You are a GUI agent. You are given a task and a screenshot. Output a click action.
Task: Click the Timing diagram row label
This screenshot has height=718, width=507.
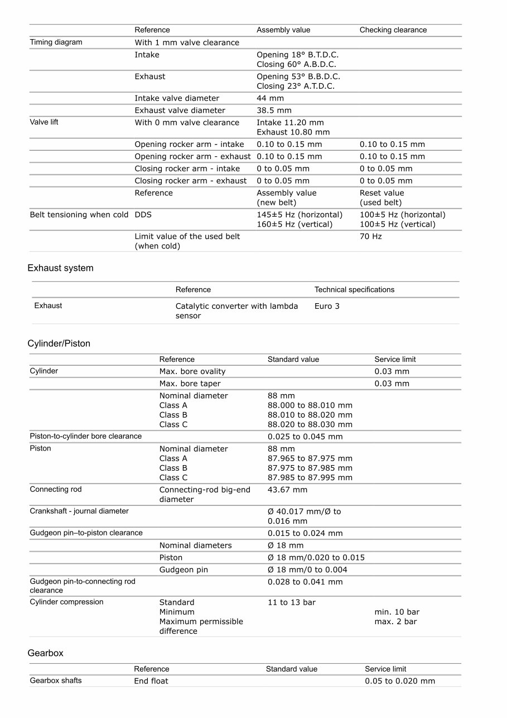tap(56, 42)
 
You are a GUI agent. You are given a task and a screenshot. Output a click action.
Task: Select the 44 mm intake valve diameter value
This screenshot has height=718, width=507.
tap(270, 98)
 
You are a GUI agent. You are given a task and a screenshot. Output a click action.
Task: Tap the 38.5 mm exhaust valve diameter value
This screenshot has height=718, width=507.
tap(274, 111)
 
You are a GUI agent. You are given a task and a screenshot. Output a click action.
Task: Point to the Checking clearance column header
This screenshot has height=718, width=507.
tap(393, 30)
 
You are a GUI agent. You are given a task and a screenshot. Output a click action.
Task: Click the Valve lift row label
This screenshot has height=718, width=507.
tap(44, 122)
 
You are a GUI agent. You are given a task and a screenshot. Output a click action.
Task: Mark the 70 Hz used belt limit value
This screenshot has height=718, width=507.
tap(370, 237)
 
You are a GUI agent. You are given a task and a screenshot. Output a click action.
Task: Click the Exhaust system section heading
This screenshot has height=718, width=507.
tap(60, 268)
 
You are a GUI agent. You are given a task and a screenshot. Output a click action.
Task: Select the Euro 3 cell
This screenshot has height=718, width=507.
tap(327, 306)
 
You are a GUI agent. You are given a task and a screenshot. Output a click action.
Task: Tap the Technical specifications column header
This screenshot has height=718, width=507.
tap(354, 290)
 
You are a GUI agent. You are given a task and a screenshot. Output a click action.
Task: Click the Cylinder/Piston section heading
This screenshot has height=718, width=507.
tap(59, 343)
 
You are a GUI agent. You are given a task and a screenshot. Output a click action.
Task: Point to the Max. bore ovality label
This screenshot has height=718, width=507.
tap(192, 371)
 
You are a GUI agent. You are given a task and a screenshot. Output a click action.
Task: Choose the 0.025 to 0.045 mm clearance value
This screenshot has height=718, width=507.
tap(305, 437)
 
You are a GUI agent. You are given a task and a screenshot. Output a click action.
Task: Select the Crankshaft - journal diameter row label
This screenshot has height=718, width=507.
tap(79, 511)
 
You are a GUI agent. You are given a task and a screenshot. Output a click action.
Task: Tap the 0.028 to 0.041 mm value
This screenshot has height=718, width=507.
tap(305, 582)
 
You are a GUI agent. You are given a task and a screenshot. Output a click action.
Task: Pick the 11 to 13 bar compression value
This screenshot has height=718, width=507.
tap(291, 602)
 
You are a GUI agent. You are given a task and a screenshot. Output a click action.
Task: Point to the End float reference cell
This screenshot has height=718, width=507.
tap(151, 681)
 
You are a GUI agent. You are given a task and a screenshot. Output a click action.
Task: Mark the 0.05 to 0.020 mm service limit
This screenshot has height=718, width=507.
tap(400, 681)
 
